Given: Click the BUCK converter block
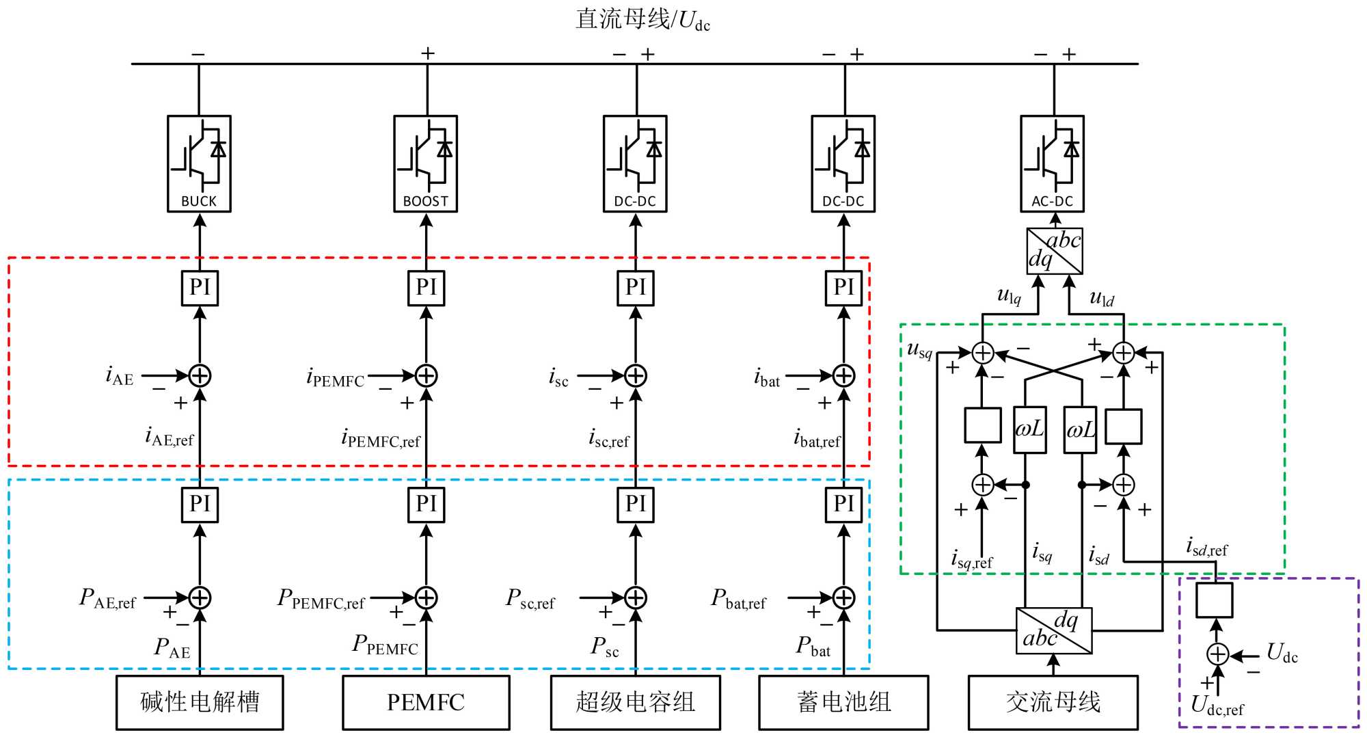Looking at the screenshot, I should coord(199,163).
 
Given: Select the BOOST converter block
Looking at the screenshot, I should coord(425,163).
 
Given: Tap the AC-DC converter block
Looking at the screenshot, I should coord(1052,163).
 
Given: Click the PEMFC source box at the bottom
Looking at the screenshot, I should coord(426,702).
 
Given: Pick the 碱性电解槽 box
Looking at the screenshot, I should coord(200,702).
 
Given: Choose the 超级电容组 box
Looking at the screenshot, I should coord(635,702).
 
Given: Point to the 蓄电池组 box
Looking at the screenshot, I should coord(843,702).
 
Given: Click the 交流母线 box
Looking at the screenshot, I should coord(1053,702).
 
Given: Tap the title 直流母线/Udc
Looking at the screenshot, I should coord(642,19).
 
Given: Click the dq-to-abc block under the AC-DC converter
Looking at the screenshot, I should coord(1055,251).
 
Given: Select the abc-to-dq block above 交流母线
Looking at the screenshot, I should coord(1054,630).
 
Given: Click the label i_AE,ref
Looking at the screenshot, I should coord(169,436).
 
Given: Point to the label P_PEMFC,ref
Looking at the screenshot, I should coord(321,599).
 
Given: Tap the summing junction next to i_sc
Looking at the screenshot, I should coord(636,375).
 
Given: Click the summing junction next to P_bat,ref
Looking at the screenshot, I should coord(843,598).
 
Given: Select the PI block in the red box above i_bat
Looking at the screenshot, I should coord(843,288).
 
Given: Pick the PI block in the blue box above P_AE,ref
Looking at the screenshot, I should coord(200,505).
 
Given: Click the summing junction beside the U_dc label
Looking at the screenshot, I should coord(1217,654).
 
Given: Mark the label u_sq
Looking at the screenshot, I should coord(919,350).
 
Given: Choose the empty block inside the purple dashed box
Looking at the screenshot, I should coord(1214,600).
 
